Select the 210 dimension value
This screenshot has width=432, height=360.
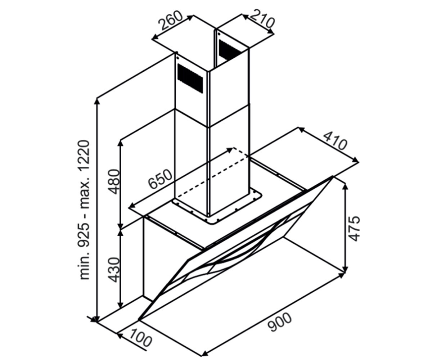(261, 19)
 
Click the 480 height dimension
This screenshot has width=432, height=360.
(114, 181)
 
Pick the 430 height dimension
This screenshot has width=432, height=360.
(114, 270)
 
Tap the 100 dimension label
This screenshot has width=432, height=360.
(141, 337)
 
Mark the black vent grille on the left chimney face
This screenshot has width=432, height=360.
(190, 78)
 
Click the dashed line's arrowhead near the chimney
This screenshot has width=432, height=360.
(229, 150)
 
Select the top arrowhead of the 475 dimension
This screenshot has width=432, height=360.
(345, 186)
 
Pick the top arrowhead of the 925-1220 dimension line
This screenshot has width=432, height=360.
(96, 102)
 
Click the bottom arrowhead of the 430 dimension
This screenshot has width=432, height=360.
(120, 311)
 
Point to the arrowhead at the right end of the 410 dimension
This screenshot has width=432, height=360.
(356, 160)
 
